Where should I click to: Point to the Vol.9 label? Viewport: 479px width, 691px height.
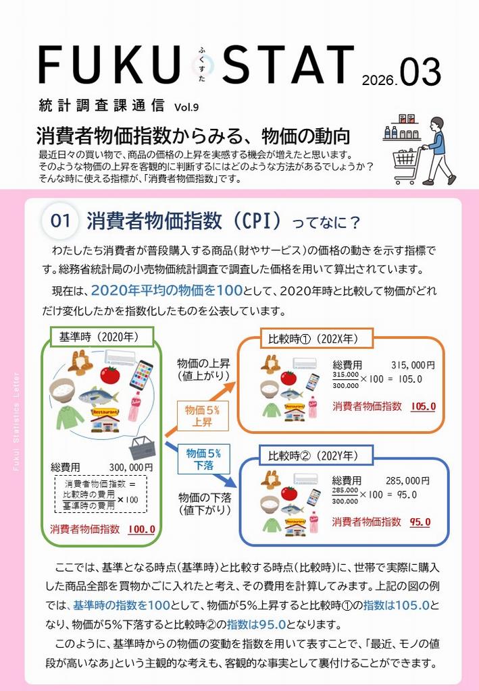click(x=186, y=107)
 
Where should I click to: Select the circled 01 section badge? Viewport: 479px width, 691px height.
click(x=60, y=221)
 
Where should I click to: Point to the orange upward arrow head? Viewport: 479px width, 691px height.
click(x=230, y=387)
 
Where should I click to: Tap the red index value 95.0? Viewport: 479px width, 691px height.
click(x=420, y=522)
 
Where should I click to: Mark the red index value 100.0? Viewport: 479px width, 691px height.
click(x=141, y=529)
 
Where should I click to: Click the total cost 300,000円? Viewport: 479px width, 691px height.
click(x=131, y=467)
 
